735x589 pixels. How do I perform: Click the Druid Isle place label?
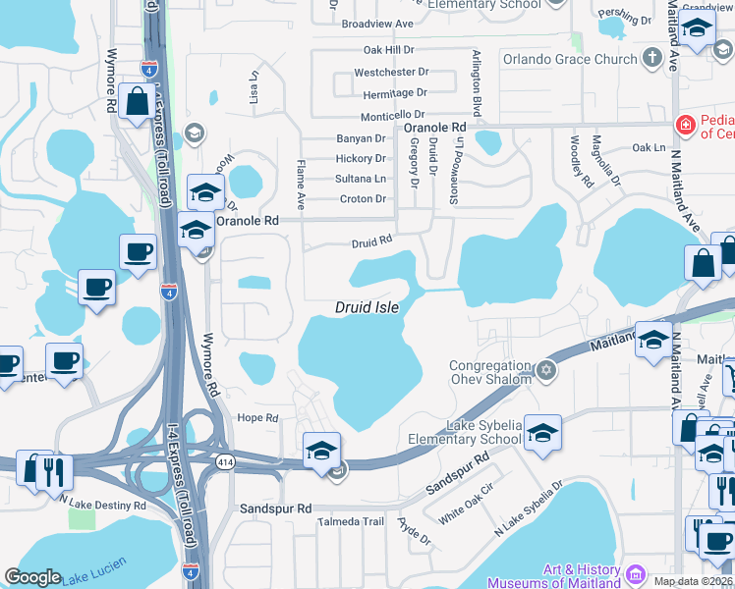[367, 307]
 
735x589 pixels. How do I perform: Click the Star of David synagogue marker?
[546, 371]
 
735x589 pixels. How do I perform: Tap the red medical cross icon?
[686, 126]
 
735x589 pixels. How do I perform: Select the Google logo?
[32, 577]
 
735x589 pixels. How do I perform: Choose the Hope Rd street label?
[258, 417]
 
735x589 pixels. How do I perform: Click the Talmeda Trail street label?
[350, 521]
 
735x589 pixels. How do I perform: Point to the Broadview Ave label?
[377, 24]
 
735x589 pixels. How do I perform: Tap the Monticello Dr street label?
[392, 114]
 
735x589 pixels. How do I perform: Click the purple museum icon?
[635, 572]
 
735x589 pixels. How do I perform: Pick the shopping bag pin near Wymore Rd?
[137, 100]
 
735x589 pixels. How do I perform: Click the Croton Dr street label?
[363, 199]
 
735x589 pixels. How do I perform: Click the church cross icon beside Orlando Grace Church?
[651, 59]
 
